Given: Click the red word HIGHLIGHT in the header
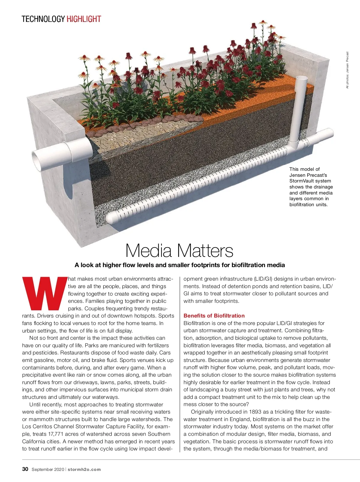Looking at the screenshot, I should pyautogui.click(x=84, y=19).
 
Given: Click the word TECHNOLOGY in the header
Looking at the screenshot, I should pyautogui.click(x=43, y=19).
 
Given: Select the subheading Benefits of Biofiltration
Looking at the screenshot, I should pyautogui.click(x=214, y=316).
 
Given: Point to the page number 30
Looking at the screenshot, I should pyautogui.click(x=25, y=469).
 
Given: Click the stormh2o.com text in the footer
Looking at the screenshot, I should pyautogui.click(x=84, y=469).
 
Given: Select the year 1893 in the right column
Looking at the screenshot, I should pyautogui.click(x=258, y=412).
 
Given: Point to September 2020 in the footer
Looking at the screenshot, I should pyautogui.click(x=47, y=469).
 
